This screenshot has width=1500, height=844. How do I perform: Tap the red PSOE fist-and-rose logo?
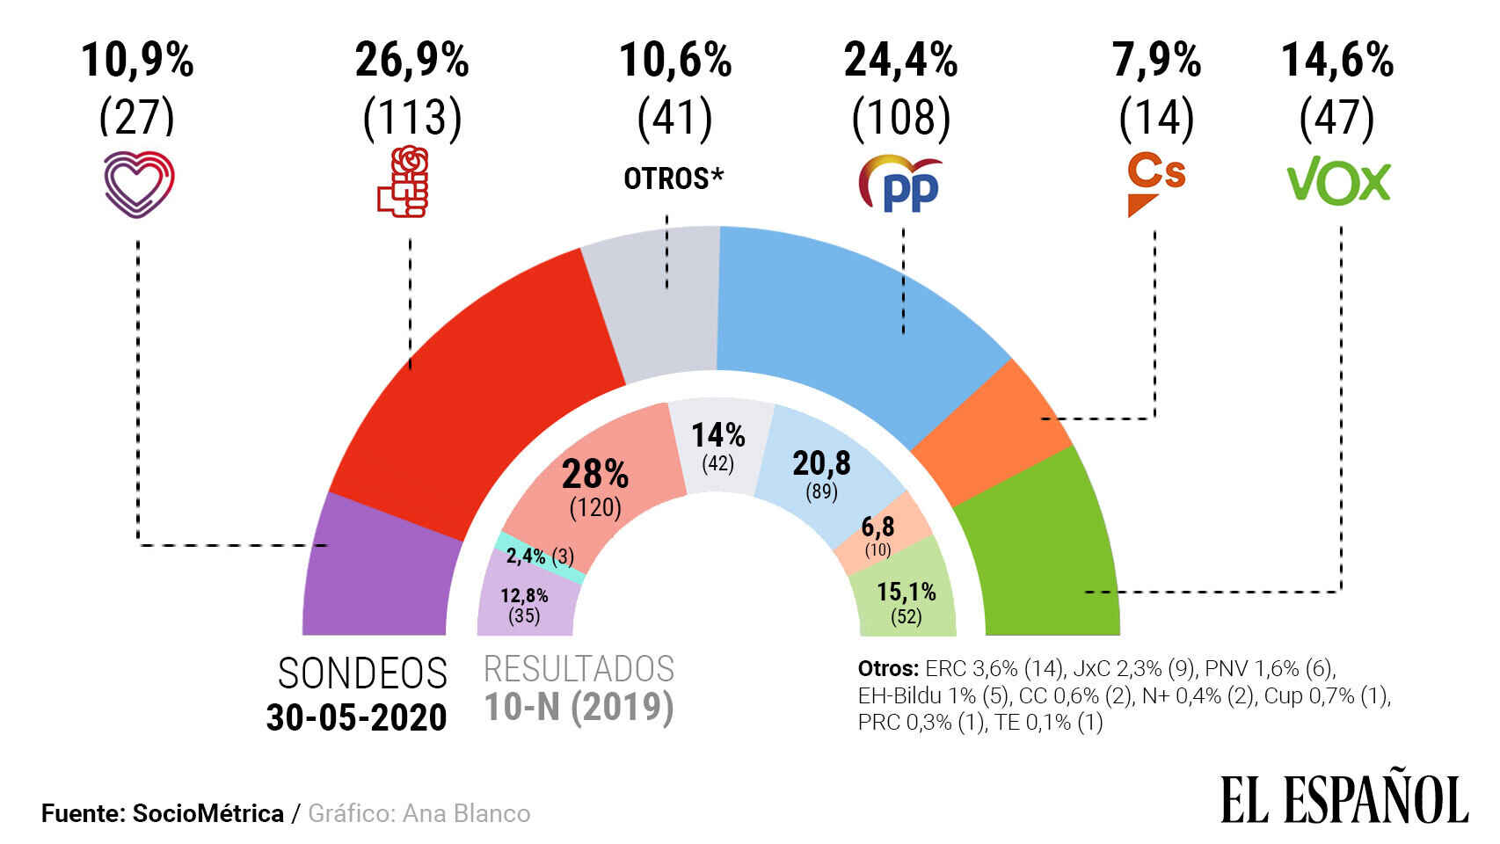click(404, 182)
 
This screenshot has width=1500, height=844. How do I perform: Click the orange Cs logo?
click(1155, 183)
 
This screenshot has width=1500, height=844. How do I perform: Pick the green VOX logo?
click(1338, 183)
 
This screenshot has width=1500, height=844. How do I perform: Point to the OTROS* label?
click(674, 178)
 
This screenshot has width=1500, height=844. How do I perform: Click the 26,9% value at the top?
click(411, 61)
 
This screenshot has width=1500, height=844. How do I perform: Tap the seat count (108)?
click(900, 118)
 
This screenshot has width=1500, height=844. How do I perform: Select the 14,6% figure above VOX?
click(1336, 61)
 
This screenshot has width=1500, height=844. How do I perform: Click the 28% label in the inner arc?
click(595, 475)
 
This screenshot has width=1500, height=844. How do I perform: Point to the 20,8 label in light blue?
click(821, 463)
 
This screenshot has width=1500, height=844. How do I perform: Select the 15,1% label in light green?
click(906, 592)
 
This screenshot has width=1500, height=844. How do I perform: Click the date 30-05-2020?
click(357, 717)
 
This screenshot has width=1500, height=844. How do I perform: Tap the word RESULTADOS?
click(579, 670)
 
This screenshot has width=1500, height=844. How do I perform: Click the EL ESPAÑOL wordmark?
click(1344, 799)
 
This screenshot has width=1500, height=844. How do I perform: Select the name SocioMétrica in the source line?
click(208, 813)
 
